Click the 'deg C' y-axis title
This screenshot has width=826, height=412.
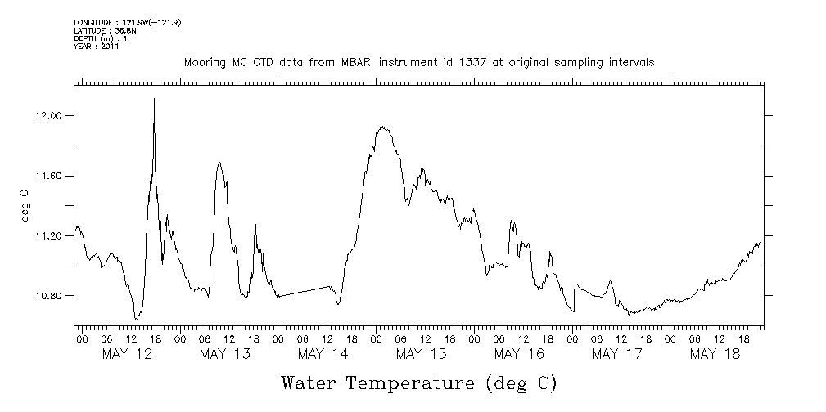click(25, 205)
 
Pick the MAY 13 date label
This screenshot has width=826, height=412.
click(224, 354)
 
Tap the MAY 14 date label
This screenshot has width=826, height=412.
click(323, 354)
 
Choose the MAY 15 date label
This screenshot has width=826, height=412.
click(421, 354)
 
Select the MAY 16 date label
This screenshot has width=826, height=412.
click(519, 354)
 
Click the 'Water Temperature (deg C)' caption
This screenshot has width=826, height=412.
click(418, 383)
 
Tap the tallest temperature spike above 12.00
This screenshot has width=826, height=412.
click(154, 100)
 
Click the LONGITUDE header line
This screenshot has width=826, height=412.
click(127, 22)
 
